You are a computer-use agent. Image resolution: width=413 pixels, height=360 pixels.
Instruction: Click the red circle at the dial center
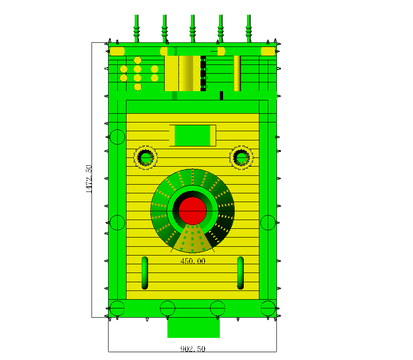[x=193, y=211]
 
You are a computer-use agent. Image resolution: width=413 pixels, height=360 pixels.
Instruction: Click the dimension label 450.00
[x=193, y=261]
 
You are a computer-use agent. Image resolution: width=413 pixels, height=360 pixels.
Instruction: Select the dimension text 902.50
[x=193, y=349]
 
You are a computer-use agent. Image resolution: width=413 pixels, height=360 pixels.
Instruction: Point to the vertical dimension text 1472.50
[x=89, y=179]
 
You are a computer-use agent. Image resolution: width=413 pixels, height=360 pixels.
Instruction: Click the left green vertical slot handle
[x=145, y=273]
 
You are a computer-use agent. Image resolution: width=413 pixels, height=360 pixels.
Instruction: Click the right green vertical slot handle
[x=241, y=273]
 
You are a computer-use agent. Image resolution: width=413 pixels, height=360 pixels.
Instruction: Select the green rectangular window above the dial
[x=193, y=135]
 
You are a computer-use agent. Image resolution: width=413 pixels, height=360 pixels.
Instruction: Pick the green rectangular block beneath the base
[x=194, y=328]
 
